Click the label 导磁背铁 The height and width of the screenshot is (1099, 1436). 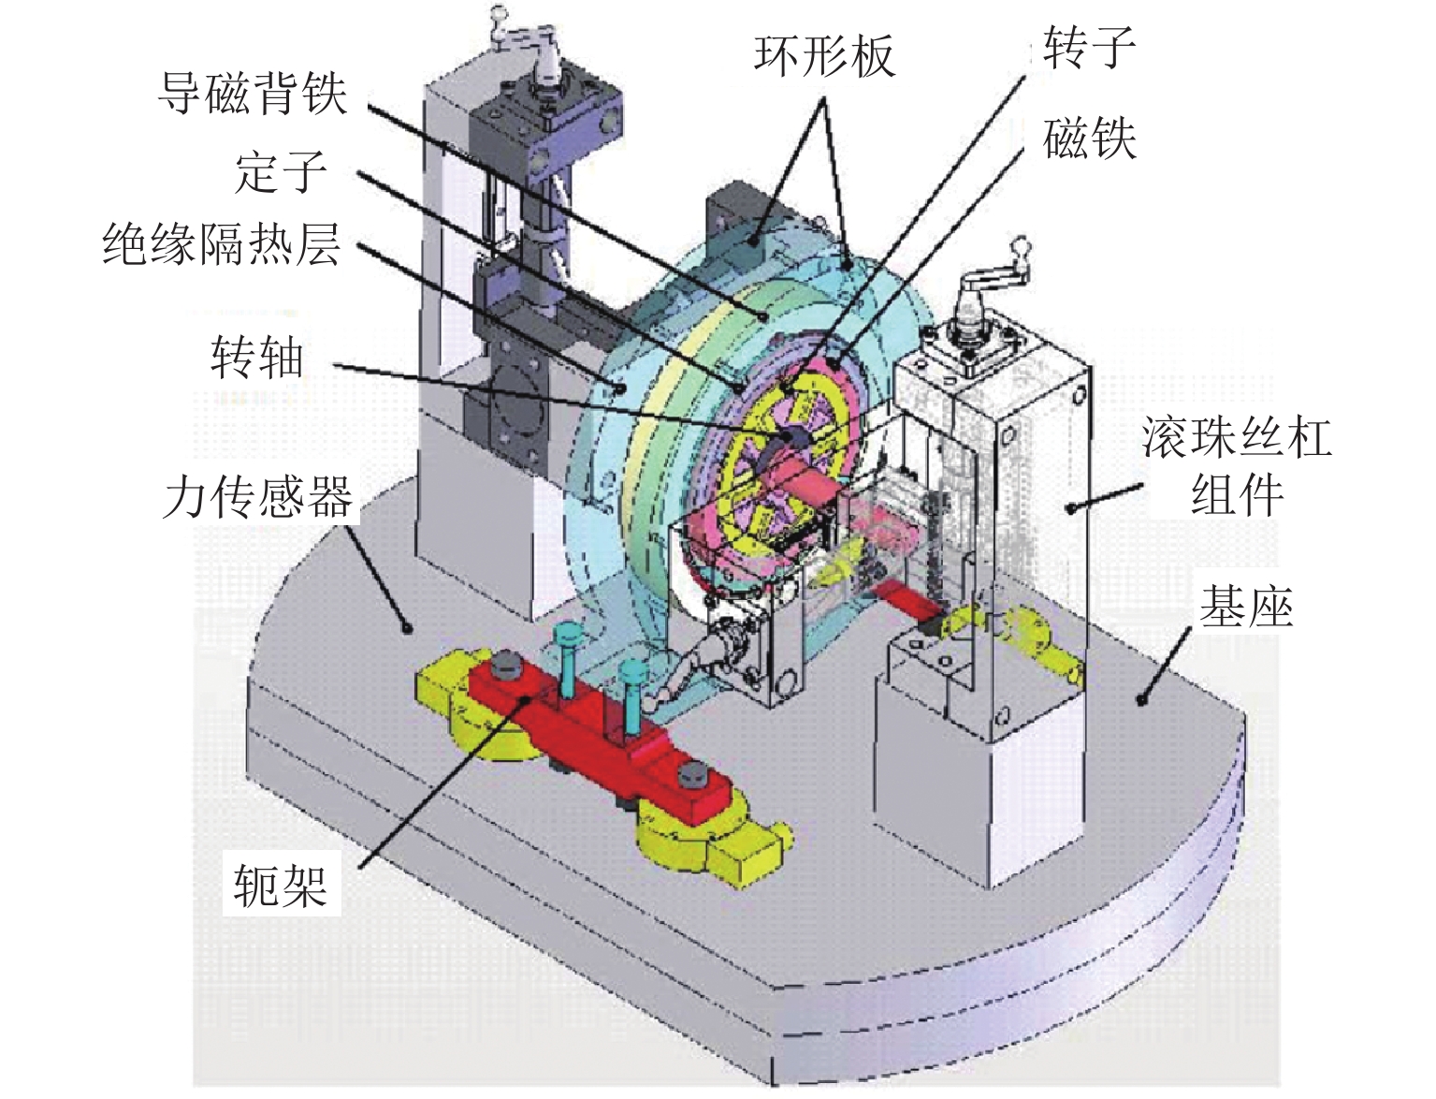tap(253, 95)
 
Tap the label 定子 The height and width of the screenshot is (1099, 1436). tap(281, 172)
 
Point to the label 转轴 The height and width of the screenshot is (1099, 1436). tap(256, 358)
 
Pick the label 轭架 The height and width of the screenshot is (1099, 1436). tap(280, 884)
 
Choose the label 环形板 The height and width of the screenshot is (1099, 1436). tap(824, 56)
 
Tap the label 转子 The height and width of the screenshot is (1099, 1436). tap(1089, 47)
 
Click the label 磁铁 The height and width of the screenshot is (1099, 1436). tap(1089, 140)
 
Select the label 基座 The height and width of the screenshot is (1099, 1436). tap(1246, 608)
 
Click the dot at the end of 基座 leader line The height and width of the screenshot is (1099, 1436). tap(1141, 697)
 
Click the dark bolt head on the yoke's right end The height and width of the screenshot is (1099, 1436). tap(691, 773)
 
